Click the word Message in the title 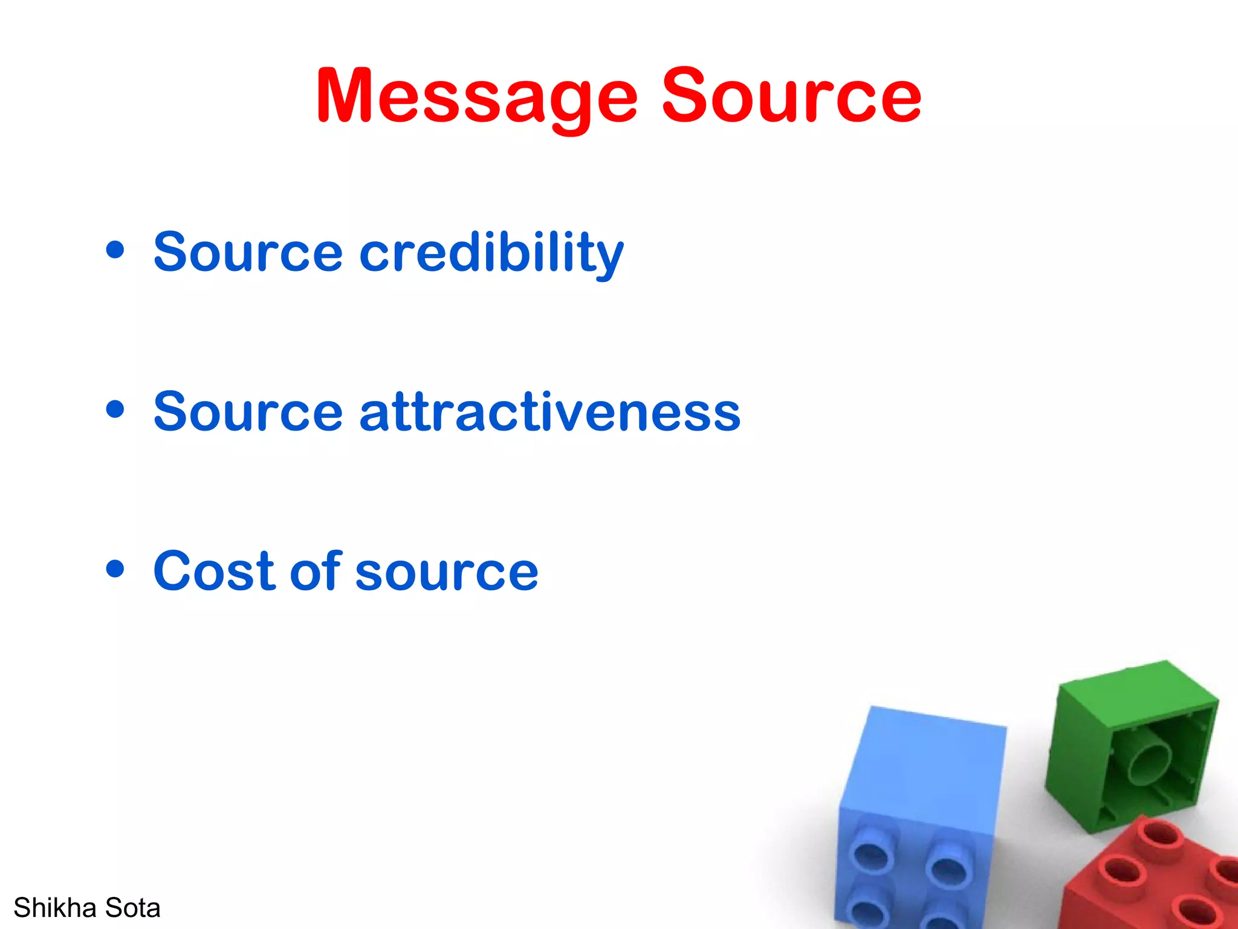pyautogui.click(x=476, y=97)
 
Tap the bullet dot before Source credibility pyautogui.click(x=115, y=250)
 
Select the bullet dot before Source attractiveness pyautogui.click(x=115, y=409)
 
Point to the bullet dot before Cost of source pyautogui.click(x=115, y=569)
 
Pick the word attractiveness pyautogui.click(x=549, y=412)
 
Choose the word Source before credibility pyautogui.click(x=248, y=253)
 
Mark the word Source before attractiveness pyautogui.click(x=248, y=412)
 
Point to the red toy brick pyautogui.click(x=1149, y=877)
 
